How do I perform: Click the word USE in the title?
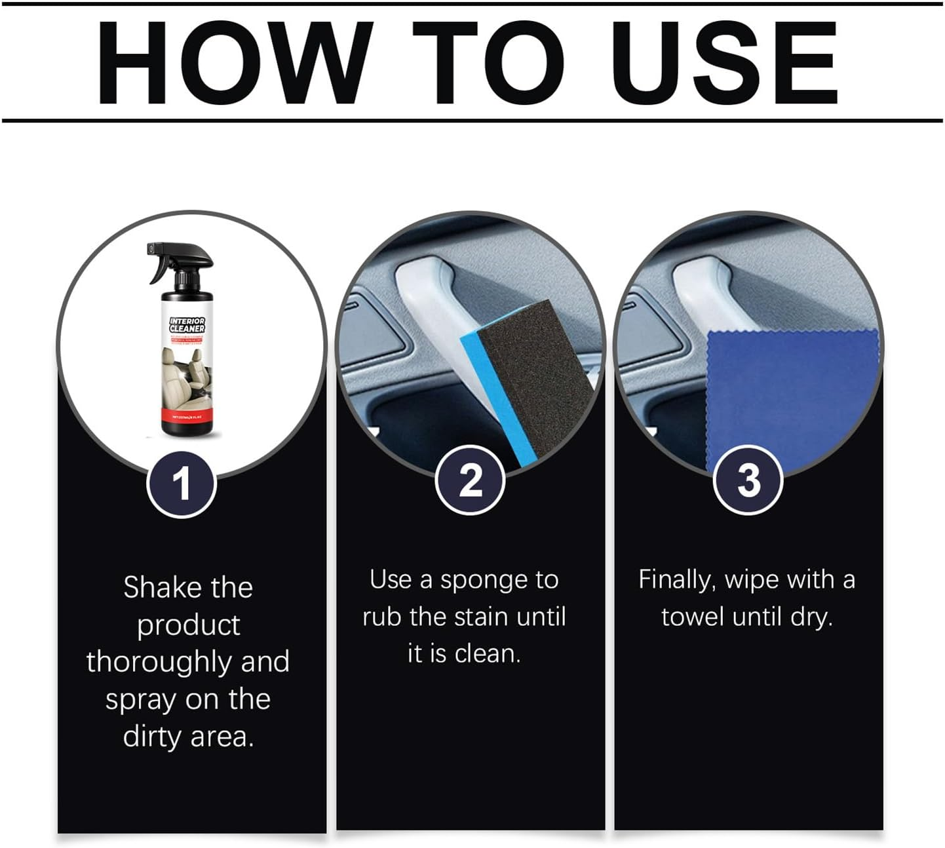click(723, 63)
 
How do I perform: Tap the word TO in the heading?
click(488, 63)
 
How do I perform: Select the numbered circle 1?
click(181, 484)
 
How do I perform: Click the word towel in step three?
click(693, 617)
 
